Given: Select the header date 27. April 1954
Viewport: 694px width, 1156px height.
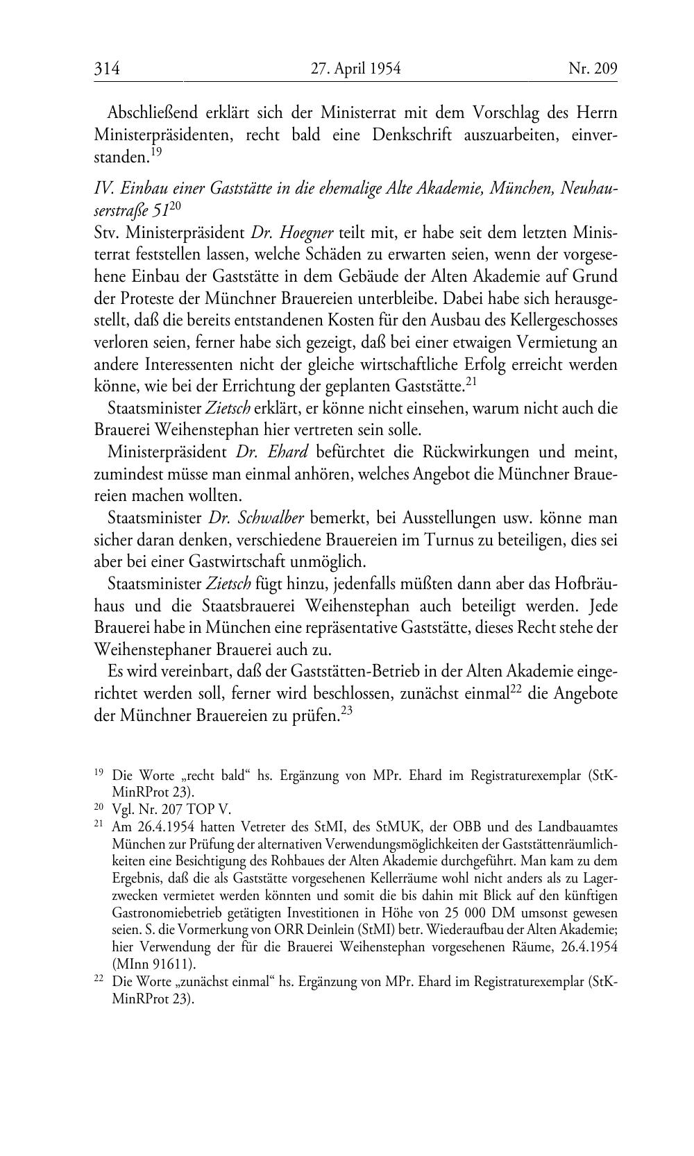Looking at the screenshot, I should coord(355,69).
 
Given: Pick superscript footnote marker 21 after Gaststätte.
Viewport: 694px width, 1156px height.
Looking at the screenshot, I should coord(471,382).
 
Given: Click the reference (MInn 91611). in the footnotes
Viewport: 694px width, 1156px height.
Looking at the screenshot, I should coord(154,964).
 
